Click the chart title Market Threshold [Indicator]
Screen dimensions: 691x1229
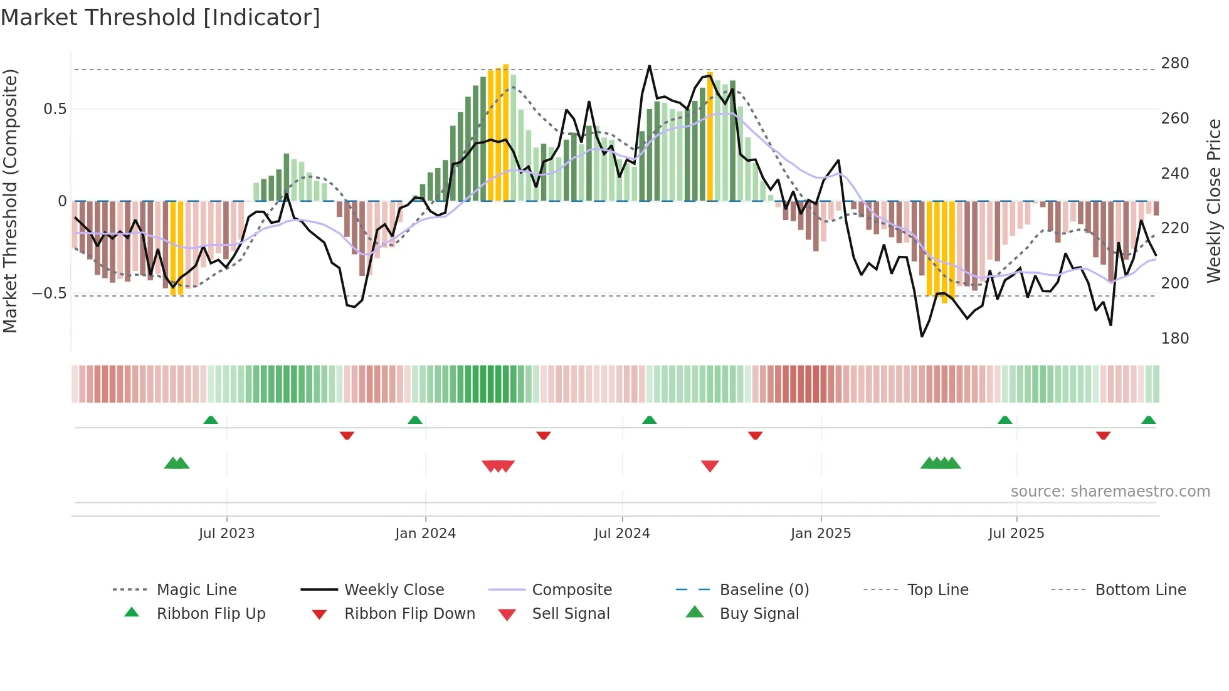click(x=161, y=18)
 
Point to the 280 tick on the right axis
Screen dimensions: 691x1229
click(x=1174, y=63)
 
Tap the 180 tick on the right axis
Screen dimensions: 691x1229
click(x=1174, y=339)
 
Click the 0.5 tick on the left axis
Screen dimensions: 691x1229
click(x=55, y=109)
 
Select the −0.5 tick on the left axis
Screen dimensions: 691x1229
click(x=49, y=293)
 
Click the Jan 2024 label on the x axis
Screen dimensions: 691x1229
click(x=425, y=534)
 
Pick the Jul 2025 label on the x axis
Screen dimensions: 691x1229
click(x=1016, y=534)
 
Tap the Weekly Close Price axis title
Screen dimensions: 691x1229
click(x=1214, y=201)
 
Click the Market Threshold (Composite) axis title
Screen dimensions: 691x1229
click(x=10, y=201)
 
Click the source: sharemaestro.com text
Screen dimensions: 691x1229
click(x=1110, y=492)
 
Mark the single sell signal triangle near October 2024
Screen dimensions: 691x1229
click(x=710, y=466)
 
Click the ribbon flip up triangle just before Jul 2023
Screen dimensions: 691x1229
click(x=211, y=420)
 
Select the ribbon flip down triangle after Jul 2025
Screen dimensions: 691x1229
click(x=1103, y=435)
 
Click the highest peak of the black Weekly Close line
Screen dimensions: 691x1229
click(x=649, y=66)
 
